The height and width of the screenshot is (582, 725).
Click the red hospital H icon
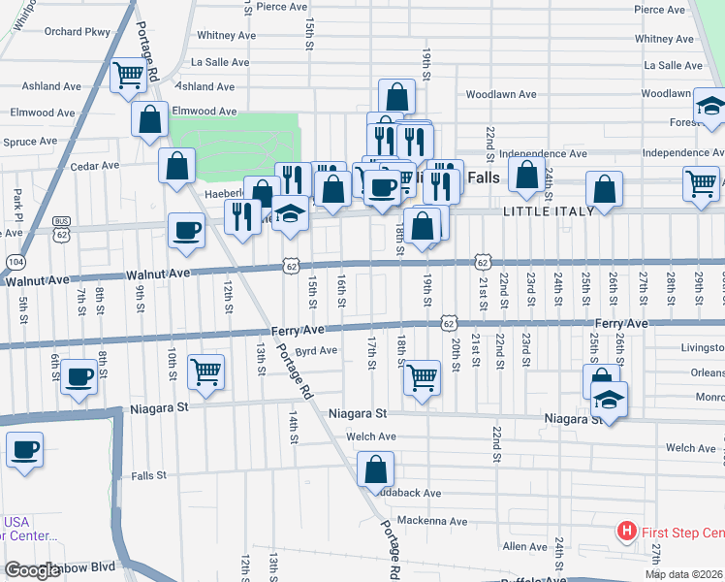point(627,532)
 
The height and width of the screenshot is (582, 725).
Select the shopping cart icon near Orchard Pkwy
point(128,76)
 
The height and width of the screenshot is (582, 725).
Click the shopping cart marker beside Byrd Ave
point(205,372)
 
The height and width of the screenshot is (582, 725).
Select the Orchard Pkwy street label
point(77,31)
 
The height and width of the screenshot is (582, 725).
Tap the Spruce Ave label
point(30,142)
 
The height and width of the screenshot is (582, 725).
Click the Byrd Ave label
point(316,350)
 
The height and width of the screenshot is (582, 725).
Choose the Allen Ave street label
point(525,547)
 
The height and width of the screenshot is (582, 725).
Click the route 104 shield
point(16,262)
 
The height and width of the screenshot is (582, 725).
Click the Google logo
point(32,570)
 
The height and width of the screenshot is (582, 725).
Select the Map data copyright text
point(682,574)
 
